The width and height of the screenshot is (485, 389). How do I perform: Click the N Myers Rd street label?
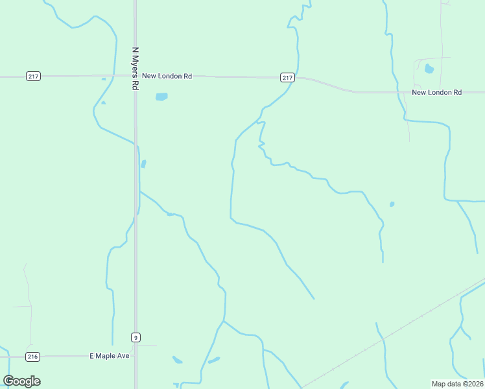[135, 67]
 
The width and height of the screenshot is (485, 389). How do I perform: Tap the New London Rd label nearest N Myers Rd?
[167, 76]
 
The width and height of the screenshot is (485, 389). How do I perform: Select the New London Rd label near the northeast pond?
[436, 93]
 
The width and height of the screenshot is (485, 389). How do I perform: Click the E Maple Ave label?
[110, 356]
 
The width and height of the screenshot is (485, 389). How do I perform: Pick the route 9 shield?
[136, 337]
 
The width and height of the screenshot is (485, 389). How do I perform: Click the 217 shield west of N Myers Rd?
[34, 77]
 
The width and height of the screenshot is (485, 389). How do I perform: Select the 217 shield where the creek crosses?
[288, 78]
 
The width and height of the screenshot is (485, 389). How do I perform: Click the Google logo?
[21, 381]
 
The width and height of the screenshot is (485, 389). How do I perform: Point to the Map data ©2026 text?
[456, 384]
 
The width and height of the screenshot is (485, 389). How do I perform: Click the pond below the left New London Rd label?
[161, 97]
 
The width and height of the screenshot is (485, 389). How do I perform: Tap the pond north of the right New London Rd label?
[429, 69]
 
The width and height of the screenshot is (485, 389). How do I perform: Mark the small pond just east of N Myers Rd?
[143, 164]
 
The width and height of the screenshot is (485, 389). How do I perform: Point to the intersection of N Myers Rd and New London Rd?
[135, 76]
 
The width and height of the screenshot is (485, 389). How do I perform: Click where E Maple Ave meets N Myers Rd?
[136, 356]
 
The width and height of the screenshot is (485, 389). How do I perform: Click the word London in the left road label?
[171, 76]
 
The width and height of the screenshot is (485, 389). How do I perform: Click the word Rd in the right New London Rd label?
[457, 93]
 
